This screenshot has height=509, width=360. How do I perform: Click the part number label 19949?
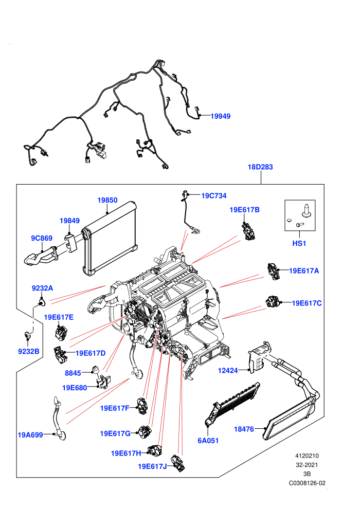click(221, 116)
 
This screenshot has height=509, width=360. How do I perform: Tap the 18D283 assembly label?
click(260, 167)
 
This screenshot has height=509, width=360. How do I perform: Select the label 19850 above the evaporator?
click(107, 201)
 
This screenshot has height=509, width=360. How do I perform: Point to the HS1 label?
click(299, 244)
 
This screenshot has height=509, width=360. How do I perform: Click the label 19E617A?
click(304, 271)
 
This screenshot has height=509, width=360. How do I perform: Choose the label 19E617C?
click(307, 303)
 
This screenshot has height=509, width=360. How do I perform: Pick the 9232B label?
click(29, 351)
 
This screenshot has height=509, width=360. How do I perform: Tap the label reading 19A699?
click(30, 435)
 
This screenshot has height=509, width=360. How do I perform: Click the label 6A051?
click(208, 441)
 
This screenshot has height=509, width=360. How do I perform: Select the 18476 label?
click(244, 429)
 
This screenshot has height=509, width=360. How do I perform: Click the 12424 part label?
click(228, 370)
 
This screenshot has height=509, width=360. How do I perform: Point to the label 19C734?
click(214, 196)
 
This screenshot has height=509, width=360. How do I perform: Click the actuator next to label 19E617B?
click(249, 231)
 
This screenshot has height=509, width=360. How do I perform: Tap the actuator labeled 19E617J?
click(178, 463)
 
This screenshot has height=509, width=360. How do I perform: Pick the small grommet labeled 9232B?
click(28, 335)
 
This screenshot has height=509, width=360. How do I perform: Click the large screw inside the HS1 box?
click(307, 210)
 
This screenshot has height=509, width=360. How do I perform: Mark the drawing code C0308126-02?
click(307, 483)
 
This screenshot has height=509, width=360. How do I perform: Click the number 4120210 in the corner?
click(307, 456)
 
